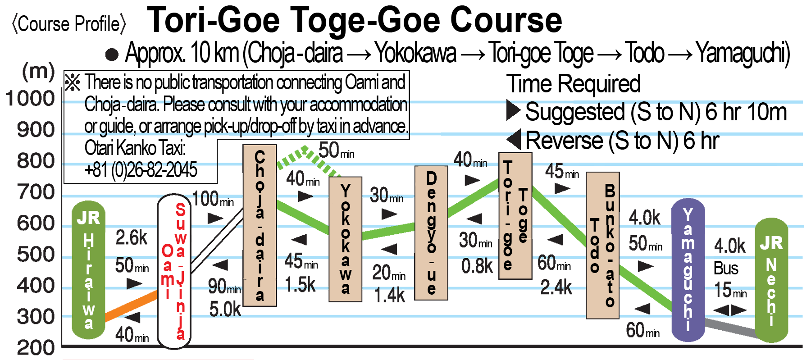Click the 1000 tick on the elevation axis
click(30, 99)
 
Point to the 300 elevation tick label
click(36, 317)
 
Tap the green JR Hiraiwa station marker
click(89, 270)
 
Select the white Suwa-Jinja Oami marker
click(174, 270)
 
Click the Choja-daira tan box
click(260, 225)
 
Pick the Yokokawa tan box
click(345, 239)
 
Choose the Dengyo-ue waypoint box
click(431, 233)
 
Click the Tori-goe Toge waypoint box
click(515, 215)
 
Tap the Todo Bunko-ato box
click(603, 246)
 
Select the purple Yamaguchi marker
click(688, 270)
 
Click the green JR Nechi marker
click(771, 279)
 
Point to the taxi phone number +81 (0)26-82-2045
click(141, 170)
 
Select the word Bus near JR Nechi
click(725, 269)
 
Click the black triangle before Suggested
click(513, 110)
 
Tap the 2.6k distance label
click(131, 238)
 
